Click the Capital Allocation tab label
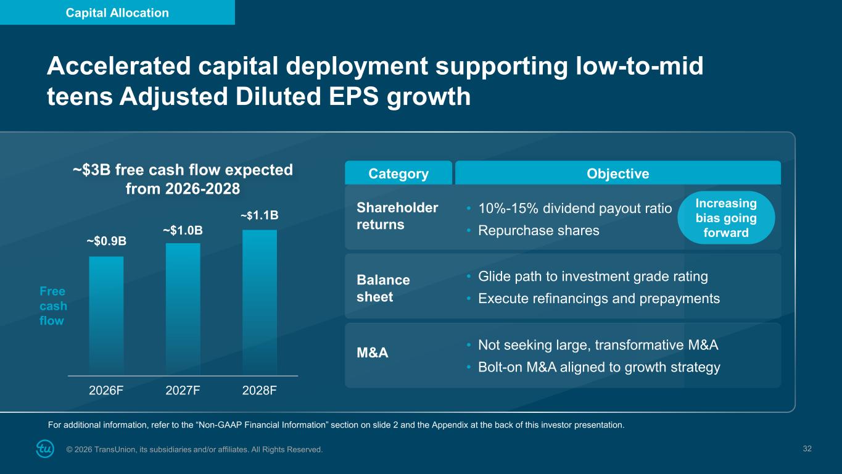coord(117,12)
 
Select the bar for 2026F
coord(106,315)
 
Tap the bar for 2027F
coord(183,309)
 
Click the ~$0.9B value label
coord(106,241)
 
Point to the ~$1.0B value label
coord(183,230)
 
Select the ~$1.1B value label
coord(259,215)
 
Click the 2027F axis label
coord(183,391)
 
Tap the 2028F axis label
coord(259,391)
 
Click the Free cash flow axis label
coord(53,306)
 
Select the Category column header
coord(398,174)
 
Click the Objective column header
coord(617,174)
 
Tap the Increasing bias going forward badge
coord(726,218)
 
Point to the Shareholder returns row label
coord(397,216)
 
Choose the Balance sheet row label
coord(383,288)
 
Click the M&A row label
coord(373,354)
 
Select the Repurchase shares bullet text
coord(539,231)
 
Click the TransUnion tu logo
coord(45,449)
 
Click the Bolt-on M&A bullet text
coord(598,368)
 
